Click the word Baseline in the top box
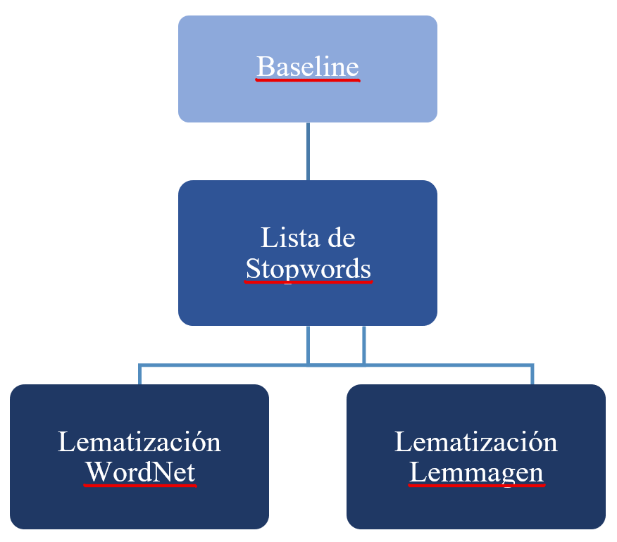(308, 67)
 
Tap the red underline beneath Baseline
(308, 80)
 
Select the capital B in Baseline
(266, 67)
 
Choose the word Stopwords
(308, 268)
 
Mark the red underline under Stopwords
(308, 282)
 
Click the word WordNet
(139, 472)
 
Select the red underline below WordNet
(139, 485)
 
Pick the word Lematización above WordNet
(139, 442)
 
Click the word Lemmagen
(476, 472)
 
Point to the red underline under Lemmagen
(476, 485)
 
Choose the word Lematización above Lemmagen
(476, 442)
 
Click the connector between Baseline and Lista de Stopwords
(308, 151)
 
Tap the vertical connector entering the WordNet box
(139, 374)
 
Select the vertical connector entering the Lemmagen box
(532, 374)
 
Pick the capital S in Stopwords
(254, 268)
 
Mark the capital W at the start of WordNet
(97, 472)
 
